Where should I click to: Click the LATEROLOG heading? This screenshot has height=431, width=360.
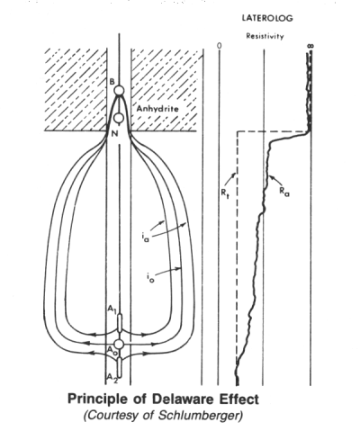click(x=267, y=18)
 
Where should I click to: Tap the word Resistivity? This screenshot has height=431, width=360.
click(x=265, y=36)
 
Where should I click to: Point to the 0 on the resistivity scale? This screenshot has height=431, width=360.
click(x=220, y=46)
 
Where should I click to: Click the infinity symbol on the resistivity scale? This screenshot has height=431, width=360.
click(x=310, y=46)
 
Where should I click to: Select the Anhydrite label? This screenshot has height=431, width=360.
click(x=157, y=109)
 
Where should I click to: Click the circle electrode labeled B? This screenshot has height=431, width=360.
click(x=119, y=90)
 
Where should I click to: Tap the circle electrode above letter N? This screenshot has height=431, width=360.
click(x=119, y=118)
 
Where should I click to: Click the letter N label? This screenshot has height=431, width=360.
click(x=114, y=134)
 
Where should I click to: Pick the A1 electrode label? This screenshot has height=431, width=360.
click(x=112, y=310)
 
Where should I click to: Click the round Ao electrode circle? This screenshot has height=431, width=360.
click(x=119, y=344)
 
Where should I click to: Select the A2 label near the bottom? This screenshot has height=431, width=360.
click(x=112, y=378)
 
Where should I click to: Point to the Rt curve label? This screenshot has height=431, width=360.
click(x=225, y=193)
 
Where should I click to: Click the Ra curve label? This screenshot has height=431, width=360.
click(x=284, y=192)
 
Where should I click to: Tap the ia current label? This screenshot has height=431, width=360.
click(x=146, y=238)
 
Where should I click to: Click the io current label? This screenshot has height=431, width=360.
click(x=150, y=279)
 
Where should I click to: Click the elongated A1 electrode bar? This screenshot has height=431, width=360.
click(x=120, y=323)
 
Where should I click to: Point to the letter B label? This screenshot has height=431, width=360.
click(x=112, y=81)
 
